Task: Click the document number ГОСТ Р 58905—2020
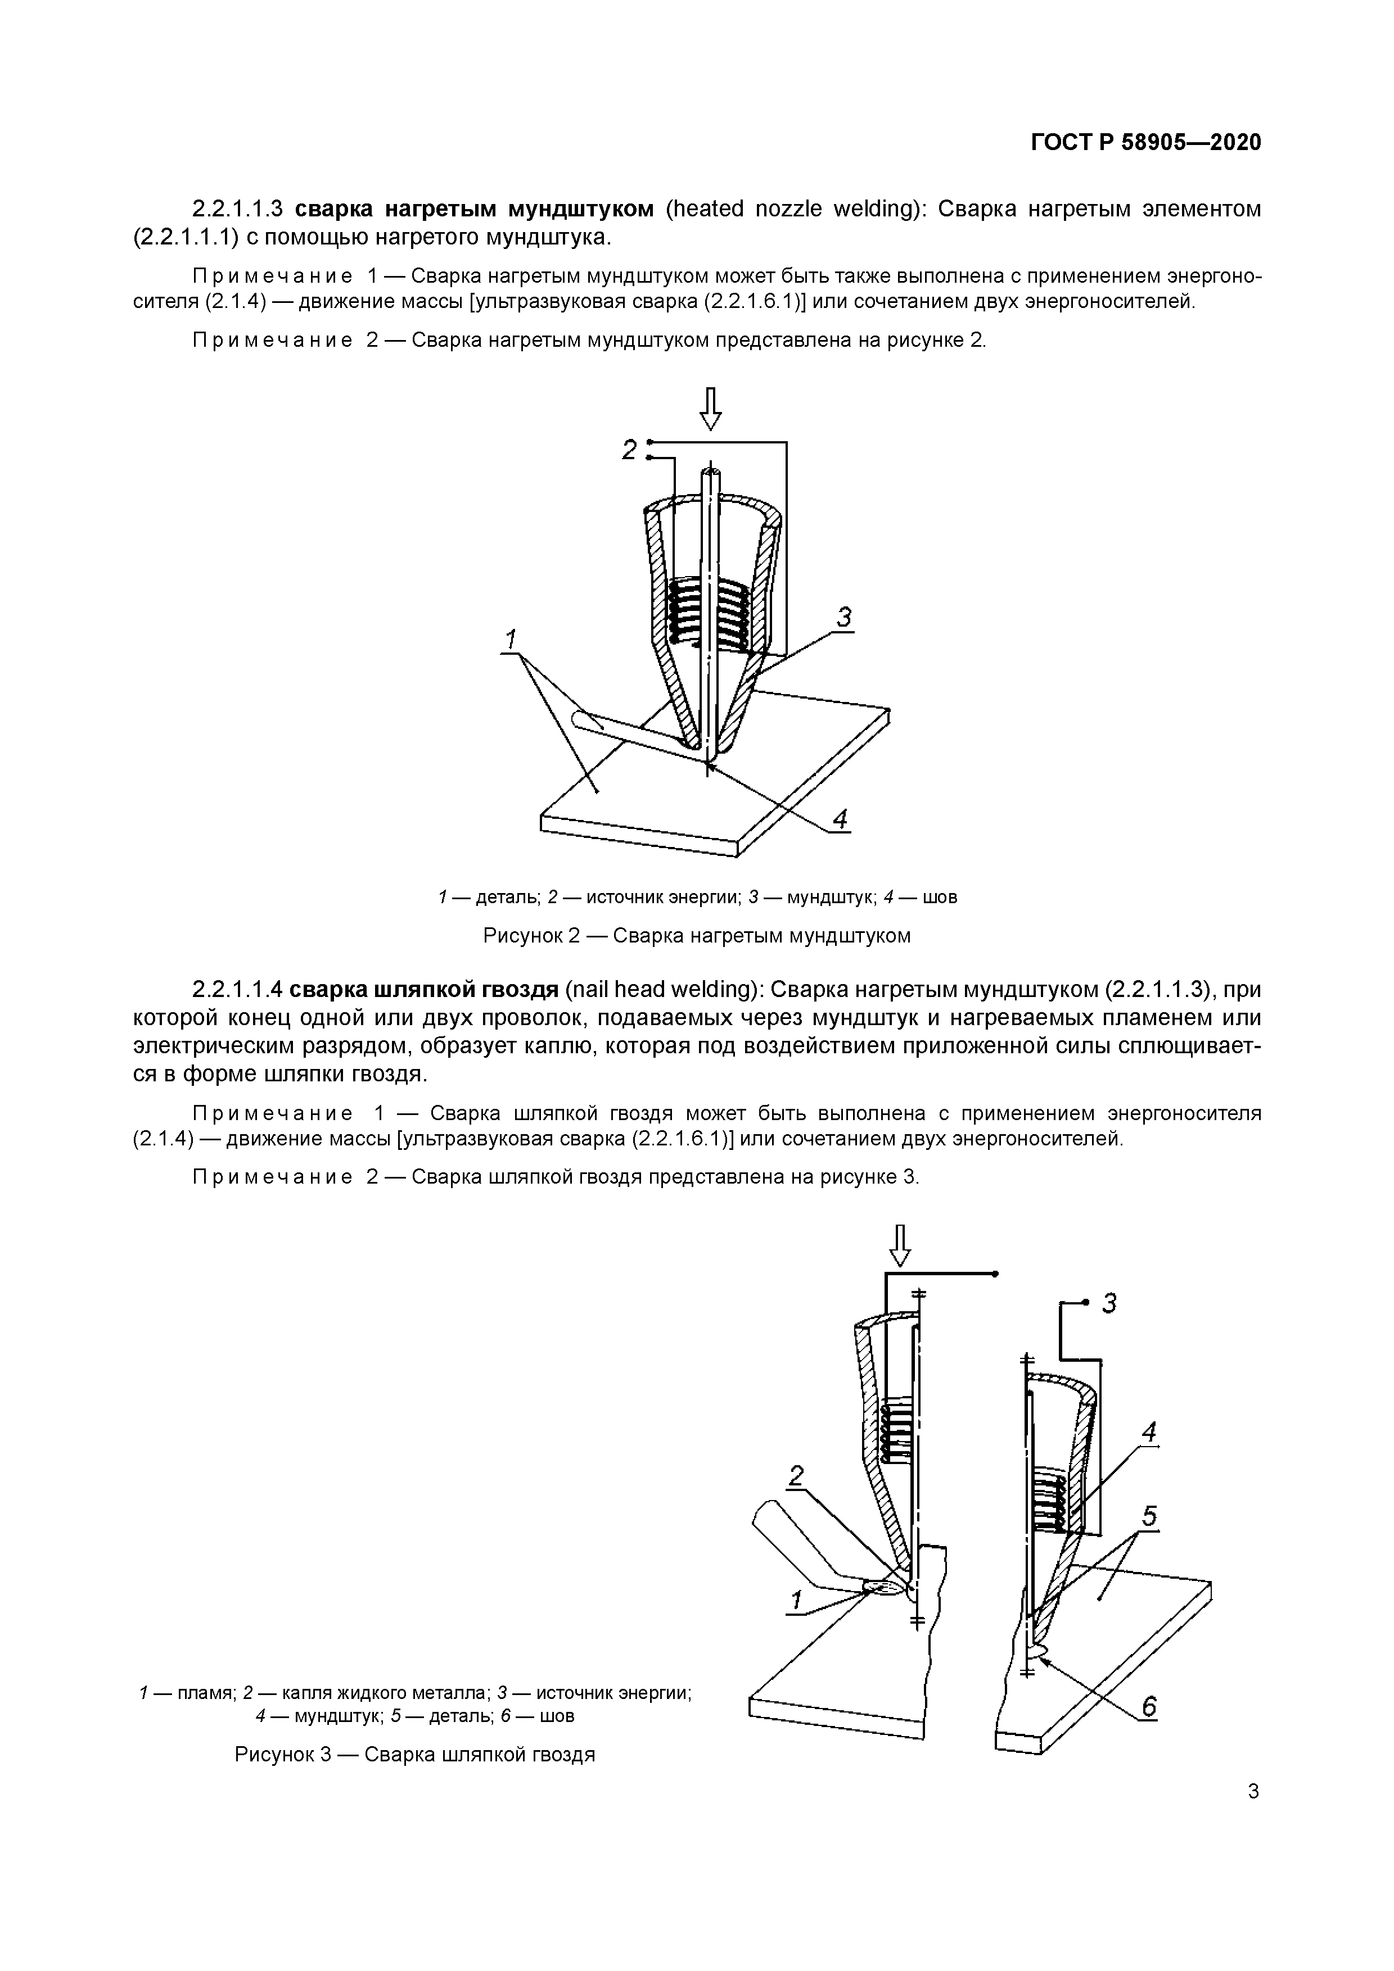[x=1146, y=143]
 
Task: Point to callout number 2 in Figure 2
[x=630, y=450]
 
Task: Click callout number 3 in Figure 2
[x=844, y=617]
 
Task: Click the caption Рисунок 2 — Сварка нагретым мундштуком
[x=697, y=935]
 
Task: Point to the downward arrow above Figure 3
[x=899, y=1247]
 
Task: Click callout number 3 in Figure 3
[x=1109, y=1304]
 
